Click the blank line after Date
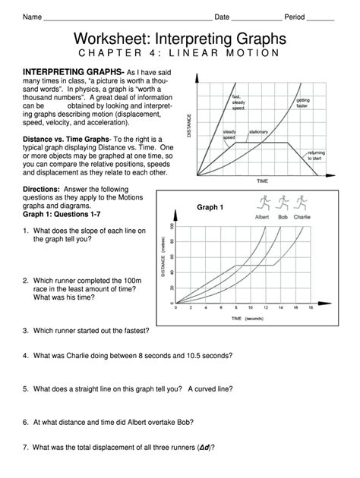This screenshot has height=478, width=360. click(x=256, y=18)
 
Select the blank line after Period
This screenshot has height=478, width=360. click(x=320, y=18)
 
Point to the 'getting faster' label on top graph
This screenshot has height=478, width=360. click(x=303, y=102)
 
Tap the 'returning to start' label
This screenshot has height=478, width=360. click(x=316, y=156)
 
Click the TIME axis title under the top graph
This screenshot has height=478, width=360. click(x=263, y=181)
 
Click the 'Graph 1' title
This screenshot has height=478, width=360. click(x=210, y=207)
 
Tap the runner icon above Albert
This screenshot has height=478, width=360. click(x=262, y=203)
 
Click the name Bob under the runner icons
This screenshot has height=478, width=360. click(x=283, y=216)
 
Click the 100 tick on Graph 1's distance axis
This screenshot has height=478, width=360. click(x=172, y=226)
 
